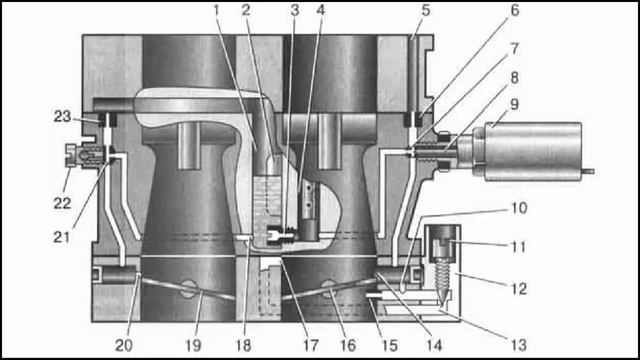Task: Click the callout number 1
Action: (x=217, y=11)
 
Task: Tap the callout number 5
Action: (x=426, y=11)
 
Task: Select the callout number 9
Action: (x=514, y=104)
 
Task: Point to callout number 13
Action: (x=518, y=345)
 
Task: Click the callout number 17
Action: (x=310, y=346)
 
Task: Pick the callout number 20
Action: (x=124, y=346)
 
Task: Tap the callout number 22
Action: (x=62, y=203)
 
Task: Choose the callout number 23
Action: (x=62, y=116)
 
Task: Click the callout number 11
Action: (x=518, y=247)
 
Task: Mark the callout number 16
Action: (x=348, y=346)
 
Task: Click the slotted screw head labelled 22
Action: (x=71, y=155)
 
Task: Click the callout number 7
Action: (x=514, y=49)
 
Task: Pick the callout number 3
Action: (x=295, y=11)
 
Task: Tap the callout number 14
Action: (x=434, y=346)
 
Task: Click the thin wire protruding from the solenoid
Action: (x=588, y=171)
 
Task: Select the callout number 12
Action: (x=518, y=289)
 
